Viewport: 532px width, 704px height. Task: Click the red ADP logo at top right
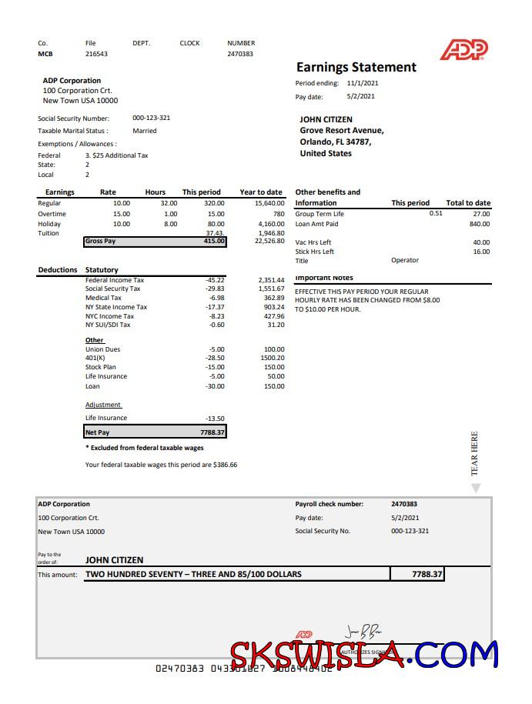(x=464, y=50)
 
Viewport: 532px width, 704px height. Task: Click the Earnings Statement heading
(x=356, y=67)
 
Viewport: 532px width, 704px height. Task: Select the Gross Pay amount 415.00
(x=214, y=242)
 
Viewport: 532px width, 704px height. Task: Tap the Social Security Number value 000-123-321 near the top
(x=151, y=118)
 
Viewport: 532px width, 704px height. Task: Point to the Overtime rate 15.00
(x=122, y=214)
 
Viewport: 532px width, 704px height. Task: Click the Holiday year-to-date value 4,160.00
(x=269, y=224)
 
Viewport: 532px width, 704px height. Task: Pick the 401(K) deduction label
(x=95, y=358)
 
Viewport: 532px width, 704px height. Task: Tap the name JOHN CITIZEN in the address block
(x=326, y=119)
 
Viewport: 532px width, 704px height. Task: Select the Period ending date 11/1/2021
(x=363, y=83)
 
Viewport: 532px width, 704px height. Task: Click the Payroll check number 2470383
(x=404, y=504)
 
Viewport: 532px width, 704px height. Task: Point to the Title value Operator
(x=405, y=260)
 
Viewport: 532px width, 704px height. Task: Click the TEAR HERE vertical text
(x=475, y=453)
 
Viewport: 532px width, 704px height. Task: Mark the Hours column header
(x=155, y=192)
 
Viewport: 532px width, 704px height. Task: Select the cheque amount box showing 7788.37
(x=417, y=574)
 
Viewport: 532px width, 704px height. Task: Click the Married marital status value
(x=144, y=131)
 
